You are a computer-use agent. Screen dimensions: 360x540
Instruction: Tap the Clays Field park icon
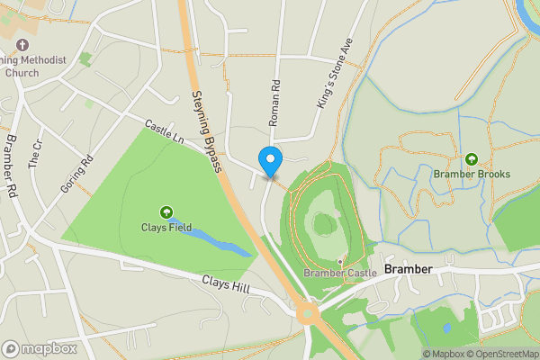[166, 212]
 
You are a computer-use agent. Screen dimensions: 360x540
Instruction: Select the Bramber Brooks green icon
[471, 159]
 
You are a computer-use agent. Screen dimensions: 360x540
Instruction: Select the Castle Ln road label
[166, 133]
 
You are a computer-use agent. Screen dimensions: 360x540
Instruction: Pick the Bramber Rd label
[12, 166]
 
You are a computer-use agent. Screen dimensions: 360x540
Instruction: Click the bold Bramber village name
[409, 270]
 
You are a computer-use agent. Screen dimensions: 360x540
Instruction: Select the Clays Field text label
[166, 227]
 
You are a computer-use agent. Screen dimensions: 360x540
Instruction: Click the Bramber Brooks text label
[472, 174]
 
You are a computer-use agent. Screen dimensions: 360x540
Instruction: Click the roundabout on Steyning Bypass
[309, 314]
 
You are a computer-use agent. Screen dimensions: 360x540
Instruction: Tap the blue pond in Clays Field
[216, 238]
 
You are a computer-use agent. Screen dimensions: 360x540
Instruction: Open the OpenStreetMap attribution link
[501, 354]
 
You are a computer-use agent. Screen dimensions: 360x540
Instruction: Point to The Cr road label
[36, 156]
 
